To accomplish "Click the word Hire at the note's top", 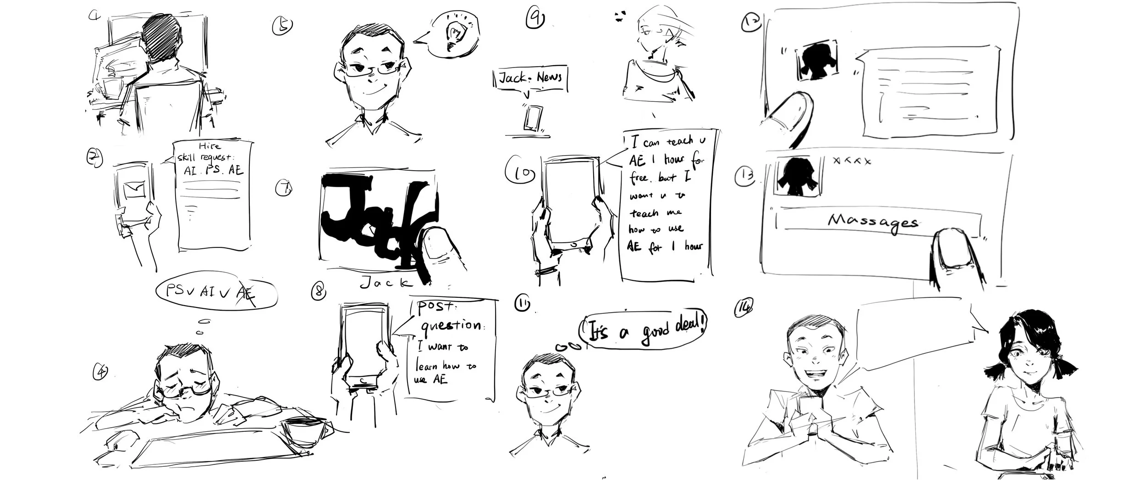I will [x=210, y=146].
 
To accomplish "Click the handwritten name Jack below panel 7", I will [x=386, y=283].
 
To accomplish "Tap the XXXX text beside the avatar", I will [x=851, y=161].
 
